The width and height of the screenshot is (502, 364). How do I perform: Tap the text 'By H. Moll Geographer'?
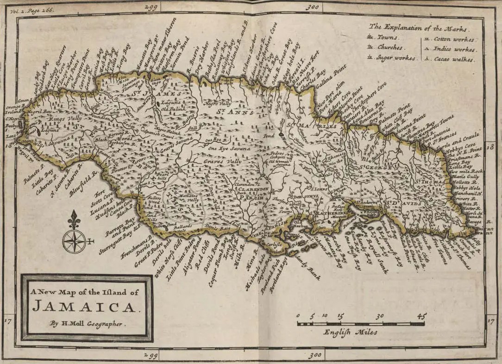click(x=87, y=324)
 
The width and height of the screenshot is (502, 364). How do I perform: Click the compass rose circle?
click(x=74, y=241)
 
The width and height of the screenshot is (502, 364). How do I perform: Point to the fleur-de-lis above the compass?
click(x=74, y=219)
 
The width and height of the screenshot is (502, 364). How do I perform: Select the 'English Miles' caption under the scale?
click(x=350, y=332)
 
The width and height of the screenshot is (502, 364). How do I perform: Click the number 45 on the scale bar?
click(x=420, y=316)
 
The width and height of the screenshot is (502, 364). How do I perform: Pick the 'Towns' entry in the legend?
click(x=387, y=37)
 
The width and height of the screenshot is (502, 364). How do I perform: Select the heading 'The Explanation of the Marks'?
click(x=419, y=26)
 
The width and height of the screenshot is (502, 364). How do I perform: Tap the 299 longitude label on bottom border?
click(x=151, y=355)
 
